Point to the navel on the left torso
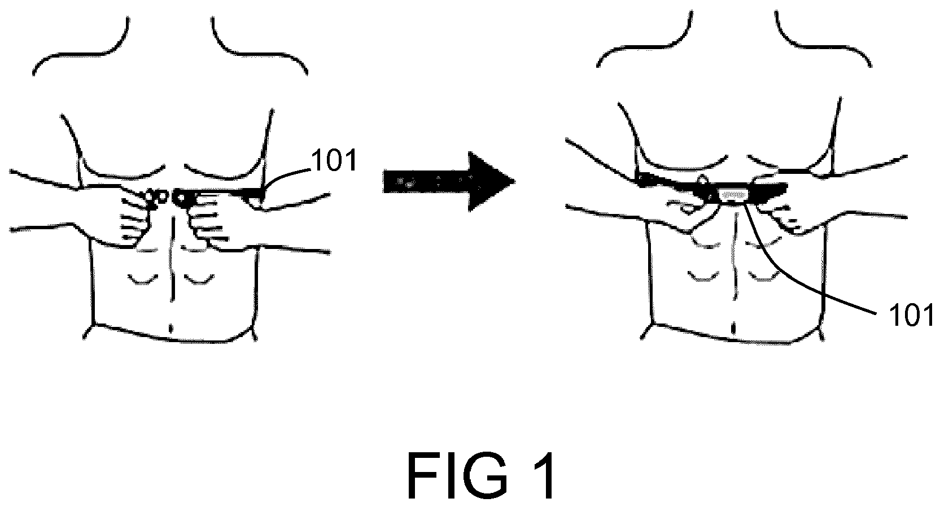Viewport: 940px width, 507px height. [171, 328]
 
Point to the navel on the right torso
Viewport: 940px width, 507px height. [733, 327]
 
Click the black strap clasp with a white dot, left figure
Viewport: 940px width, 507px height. [183, 198]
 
